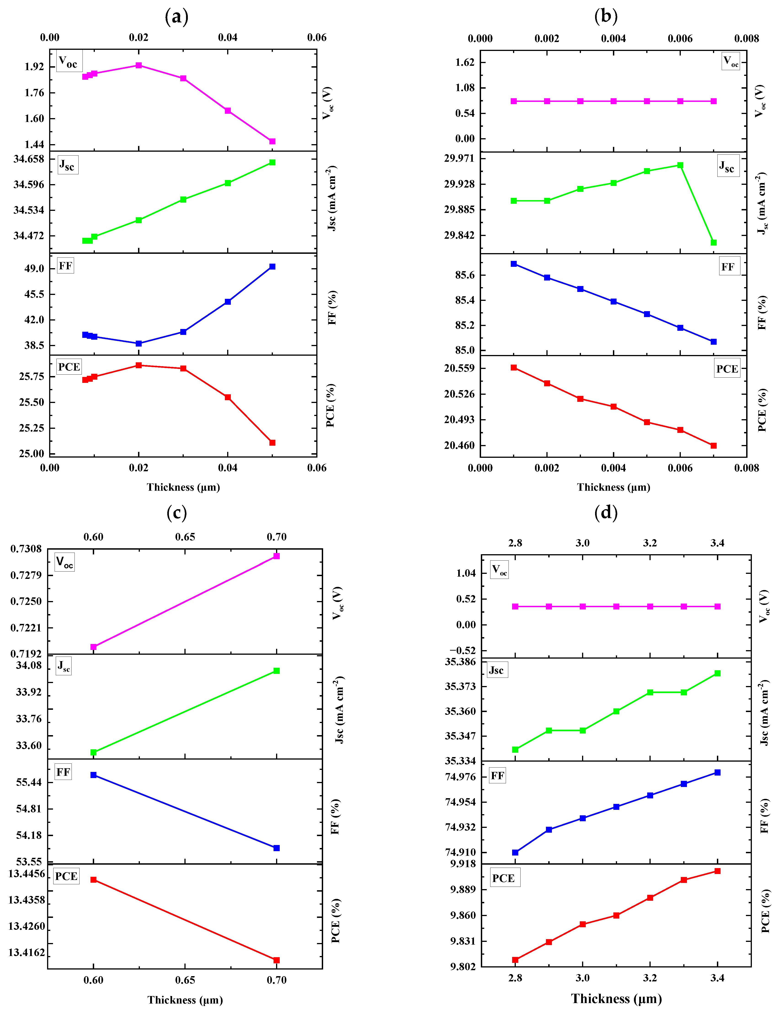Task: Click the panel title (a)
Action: coord(177,17)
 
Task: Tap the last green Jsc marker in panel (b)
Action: coord(714,243)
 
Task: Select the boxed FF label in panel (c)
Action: coord(63,772)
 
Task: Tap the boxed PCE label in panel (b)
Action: coord(727,369)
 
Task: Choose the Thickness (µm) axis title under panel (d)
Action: coord(617,999)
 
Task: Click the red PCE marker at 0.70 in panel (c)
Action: coord(277,960)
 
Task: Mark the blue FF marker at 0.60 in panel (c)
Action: coord(93,775)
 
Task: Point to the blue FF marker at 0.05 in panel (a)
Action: coord(272,267)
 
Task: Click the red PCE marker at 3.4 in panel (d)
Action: coord(717,871)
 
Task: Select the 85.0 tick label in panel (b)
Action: coord(465,350)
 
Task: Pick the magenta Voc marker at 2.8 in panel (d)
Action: coord(515,607)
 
